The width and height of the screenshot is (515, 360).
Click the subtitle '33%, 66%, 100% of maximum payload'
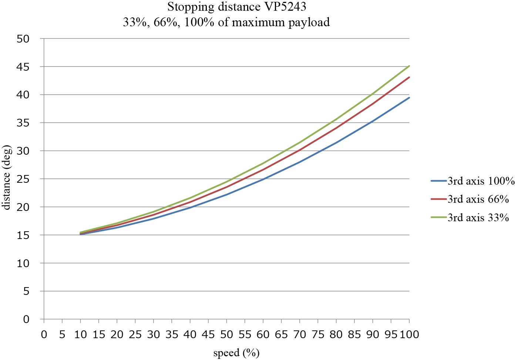[226, 23]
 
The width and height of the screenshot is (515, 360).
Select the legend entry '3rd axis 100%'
[481, 181]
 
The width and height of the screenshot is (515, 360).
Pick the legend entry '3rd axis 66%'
[478, 199]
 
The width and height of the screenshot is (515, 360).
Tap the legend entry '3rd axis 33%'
[478, 218]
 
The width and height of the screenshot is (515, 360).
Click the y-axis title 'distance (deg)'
[7, 178]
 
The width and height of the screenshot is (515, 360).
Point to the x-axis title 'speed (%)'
[236, 353]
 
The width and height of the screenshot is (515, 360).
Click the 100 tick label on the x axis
[409, 335]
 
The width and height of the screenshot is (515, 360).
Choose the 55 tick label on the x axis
[245, 335]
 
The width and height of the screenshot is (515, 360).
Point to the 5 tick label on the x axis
[62, 335]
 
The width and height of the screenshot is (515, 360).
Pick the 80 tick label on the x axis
[336, 335]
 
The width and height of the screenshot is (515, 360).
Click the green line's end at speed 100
[409, 66]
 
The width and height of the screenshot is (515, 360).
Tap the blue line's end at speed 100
[409, 98]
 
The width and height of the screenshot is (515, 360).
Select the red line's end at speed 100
[409, 77]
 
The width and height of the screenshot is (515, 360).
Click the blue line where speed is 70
[300, 162]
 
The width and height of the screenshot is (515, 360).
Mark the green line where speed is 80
[336, 120]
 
